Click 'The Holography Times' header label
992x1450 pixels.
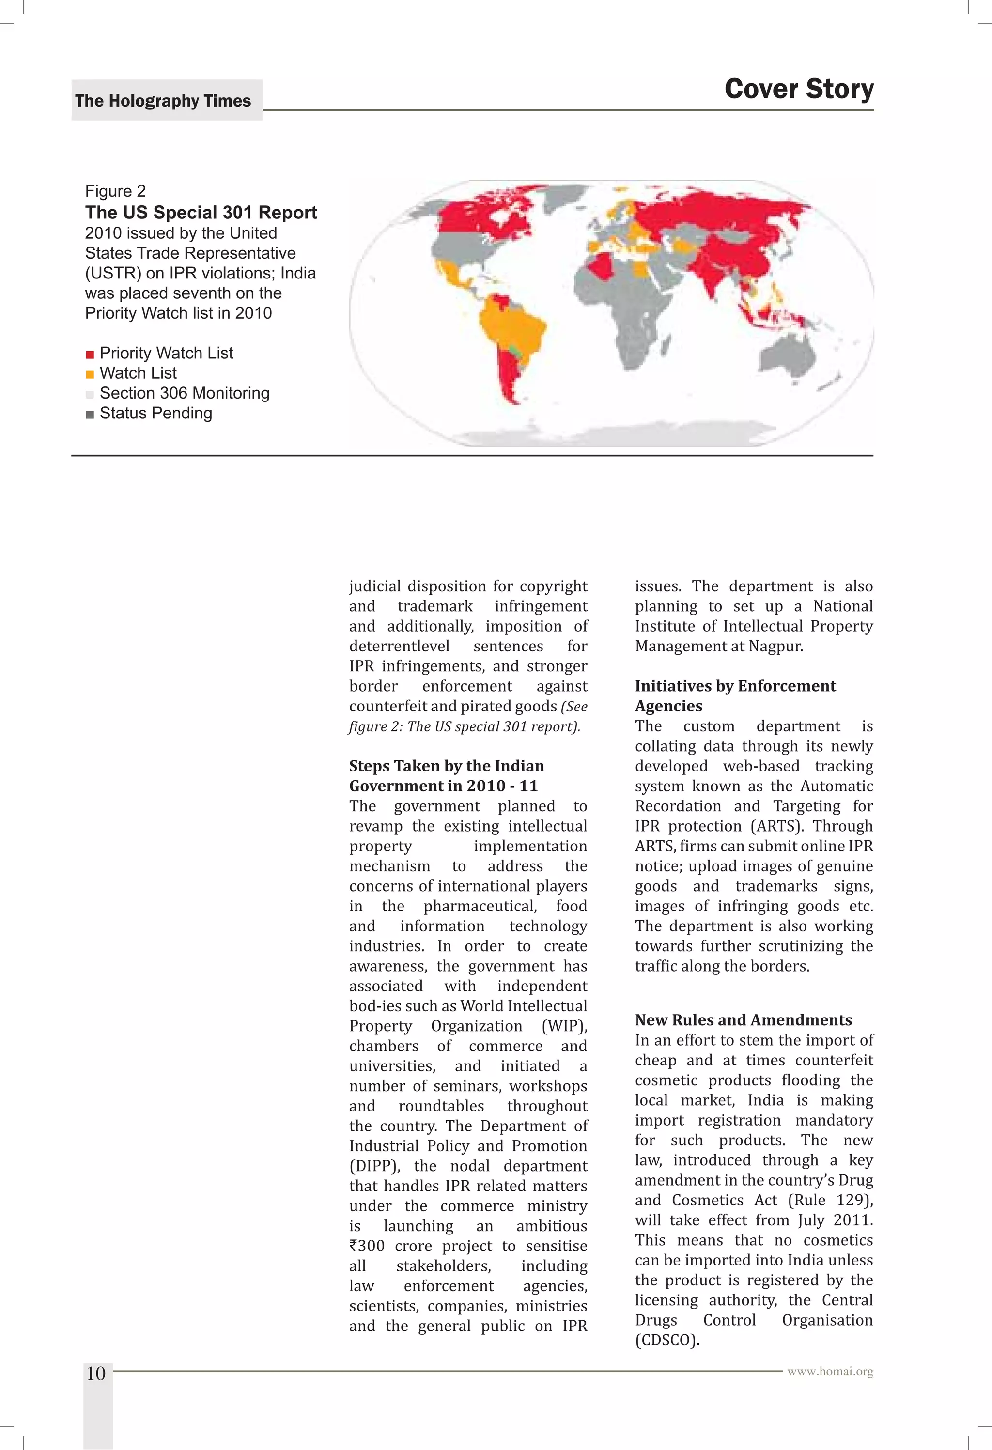[163, 101]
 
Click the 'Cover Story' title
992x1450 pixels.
[799, 89]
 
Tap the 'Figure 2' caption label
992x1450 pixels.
[115, 191]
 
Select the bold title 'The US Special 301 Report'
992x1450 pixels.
[201, 213]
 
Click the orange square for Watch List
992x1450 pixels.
[90, 374]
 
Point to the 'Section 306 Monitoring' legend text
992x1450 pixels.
[185, 393]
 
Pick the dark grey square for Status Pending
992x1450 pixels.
[90, 414]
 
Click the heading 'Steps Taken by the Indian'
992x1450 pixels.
[446, 766]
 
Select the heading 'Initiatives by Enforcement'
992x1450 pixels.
[735, 686]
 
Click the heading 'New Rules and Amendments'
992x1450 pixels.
[743, 1020]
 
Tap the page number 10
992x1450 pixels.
[96, 1373]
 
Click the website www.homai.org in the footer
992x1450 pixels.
[830, 1372]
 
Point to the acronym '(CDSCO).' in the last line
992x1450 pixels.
[667, 1340]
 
